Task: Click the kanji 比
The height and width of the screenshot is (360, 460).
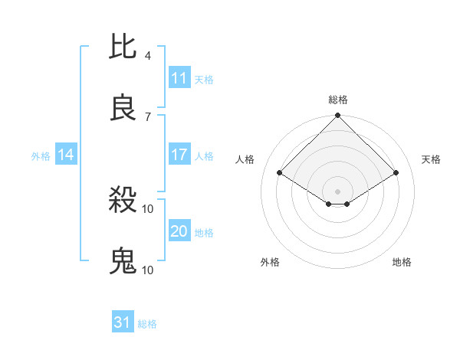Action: pos(123,48)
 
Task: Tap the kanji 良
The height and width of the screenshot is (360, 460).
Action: pos(123,108)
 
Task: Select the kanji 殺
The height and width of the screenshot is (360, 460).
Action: pos(123,201)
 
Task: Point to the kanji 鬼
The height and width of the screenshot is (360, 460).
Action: pos(123,261)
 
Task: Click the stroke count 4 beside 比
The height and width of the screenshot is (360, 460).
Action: pos(147,56)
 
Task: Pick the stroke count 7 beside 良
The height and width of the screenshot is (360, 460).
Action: pos(147,116)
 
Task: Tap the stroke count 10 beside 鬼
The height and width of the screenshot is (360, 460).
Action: pos(148,270)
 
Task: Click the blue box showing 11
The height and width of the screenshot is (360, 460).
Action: pos(179,78)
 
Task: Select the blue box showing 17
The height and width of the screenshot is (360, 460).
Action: pos(179,155)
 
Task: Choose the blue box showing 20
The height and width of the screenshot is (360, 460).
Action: pos(179,231)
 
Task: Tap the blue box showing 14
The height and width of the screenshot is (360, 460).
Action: pos(66,155)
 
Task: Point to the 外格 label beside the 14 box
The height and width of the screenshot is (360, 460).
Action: pos(41,155)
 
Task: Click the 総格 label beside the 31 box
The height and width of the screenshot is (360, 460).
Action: pos(147,324)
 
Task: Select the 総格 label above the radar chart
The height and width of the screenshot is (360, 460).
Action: pos(338,100)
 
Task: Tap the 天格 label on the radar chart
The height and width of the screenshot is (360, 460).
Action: pos(431,159)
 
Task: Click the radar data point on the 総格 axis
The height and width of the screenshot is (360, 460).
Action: pos(338,117)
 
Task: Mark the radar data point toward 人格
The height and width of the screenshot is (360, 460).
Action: pos(280,173)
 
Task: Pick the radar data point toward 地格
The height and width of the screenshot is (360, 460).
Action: pos(347,204)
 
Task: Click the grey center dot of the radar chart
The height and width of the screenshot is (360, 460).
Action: pos(338,191)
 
